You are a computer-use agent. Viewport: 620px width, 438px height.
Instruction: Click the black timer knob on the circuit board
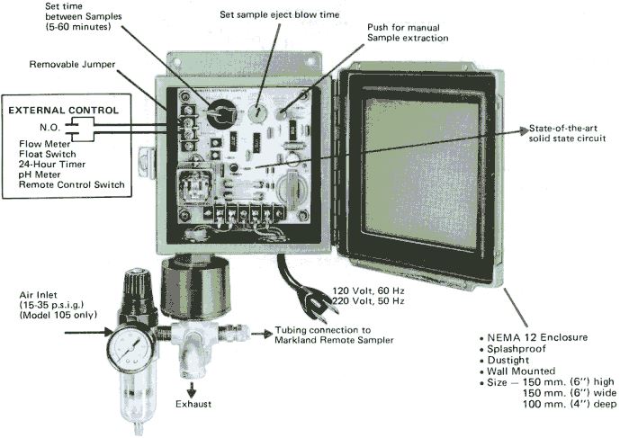tap(217, 115)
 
